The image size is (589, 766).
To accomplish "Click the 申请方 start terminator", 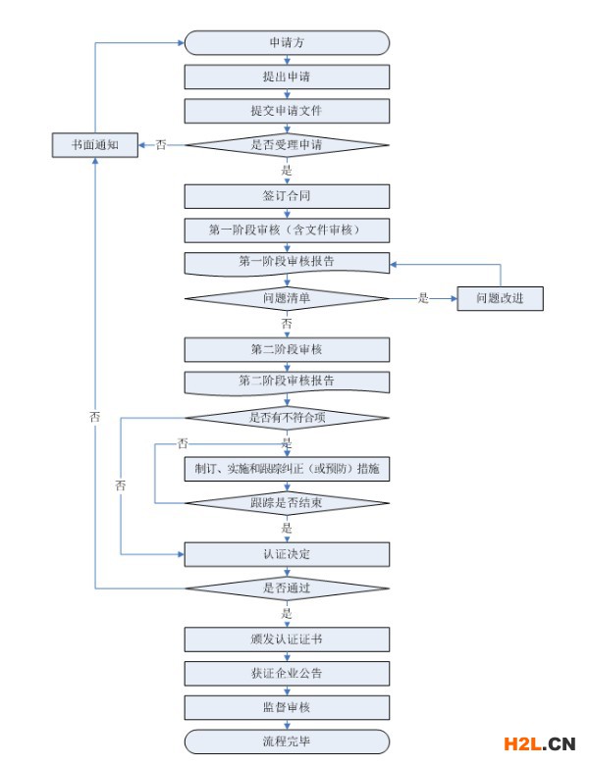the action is tap(287, 42).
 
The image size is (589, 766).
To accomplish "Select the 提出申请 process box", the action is tap(287, 77).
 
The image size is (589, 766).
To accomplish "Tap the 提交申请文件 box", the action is tap(287, 111).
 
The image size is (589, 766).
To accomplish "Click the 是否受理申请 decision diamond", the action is tap(287, 145).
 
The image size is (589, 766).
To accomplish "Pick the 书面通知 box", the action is tap(95, 145).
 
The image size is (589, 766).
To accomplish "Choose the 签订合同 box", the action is tap(287, 196).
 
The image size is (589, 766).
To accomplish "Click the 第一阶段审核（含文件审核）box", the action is tap(287, 230).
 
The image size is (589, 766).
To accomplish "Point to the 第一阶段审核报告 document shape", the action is tap(287, 264).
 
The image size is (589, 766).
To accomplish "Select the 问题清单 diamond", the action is tap(287, 298).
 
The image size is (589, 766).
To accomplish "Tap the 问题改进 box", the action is tap(500, 298).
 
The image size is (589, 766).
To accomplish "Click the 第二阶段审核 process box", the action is tap(287, 350).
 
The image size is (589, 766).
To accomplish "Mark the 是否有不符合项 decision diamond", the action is tap(287, 418).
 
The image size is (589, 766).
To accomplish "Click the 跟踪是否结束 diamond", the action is tap(287, 503).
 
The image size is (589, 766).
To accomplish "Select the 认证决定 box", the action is tap(287, 554).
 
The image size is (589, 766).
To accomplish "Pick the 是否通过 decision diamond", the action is tap(287, 588).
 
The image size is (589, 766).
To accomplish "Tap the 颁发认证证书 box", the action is tap(287, 639).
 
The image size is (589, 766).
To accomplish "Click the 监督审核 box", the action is tap(287, 707).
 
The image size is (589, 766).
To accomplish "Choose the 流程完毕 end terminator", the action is tap(287, 741).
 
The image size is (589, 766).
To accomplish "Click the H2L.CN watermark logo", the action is tap(539, 744).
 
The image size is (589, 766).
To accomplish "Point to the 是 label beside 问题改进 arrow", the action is tap(423, 298).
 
